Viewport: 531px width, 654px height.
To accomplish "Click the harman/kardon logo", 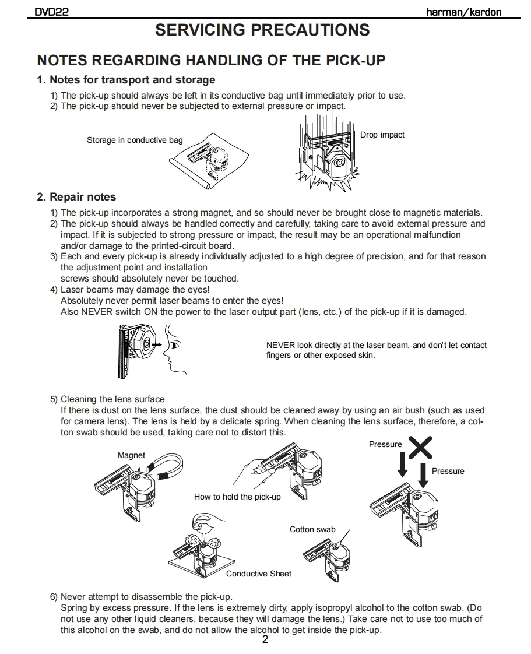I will [x=463, y=12].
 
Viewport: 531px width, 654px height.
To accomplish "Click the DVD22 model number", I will [x=52, y=12].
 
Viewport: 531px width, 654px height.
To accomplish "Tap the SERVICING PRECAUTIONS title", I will [x=262, y=30].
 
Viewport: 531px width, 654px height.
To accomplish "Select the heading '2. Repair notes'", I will [x=76, y=197].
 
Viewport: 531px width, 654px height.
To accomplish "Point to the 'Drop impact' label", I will [x=382, y=135].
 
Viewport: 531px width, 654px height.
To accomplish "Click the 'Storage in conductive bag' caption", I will [x=135, y=140].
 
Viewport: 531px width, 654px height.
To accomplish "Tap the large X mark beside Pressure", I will [x=420, y=447].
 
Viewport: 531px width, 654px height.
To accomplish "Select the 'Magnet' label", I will [x=131, y=455].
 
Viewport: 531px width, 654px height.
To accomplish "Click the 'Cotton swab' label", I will [x=312, y=529].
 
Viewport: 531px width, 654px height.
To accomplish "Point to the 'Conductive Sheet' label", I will [x=259, y=574].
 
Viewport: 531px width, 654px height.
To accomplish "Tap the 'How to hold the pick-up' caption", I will [x=237, y=497].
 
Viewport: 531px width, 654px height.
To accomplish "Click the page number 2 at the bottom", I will [x=265, y=640].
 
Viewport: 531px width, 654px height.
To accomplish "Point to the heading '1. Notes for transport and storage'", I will [x=126, y=80].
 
